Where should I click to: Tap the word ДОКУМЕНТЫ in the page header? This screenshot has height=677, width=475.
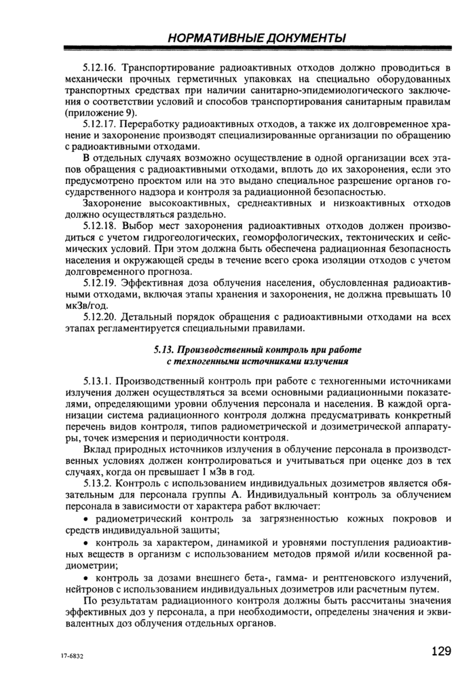pyautogui.click(x=308, y=38)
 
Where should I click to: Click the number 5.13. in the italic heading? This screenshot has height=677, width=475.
pyautogui.click(x=167, y=350)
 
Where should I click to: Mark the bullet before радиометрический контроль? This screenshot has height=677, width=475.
pyautogui.click(x=86, y=518)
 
